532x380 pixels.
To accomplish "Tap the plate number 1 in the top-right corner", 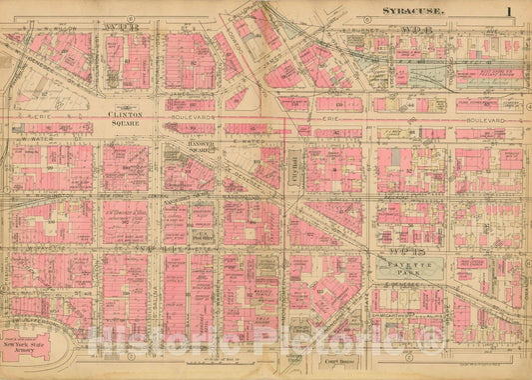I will coord(509,11).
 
